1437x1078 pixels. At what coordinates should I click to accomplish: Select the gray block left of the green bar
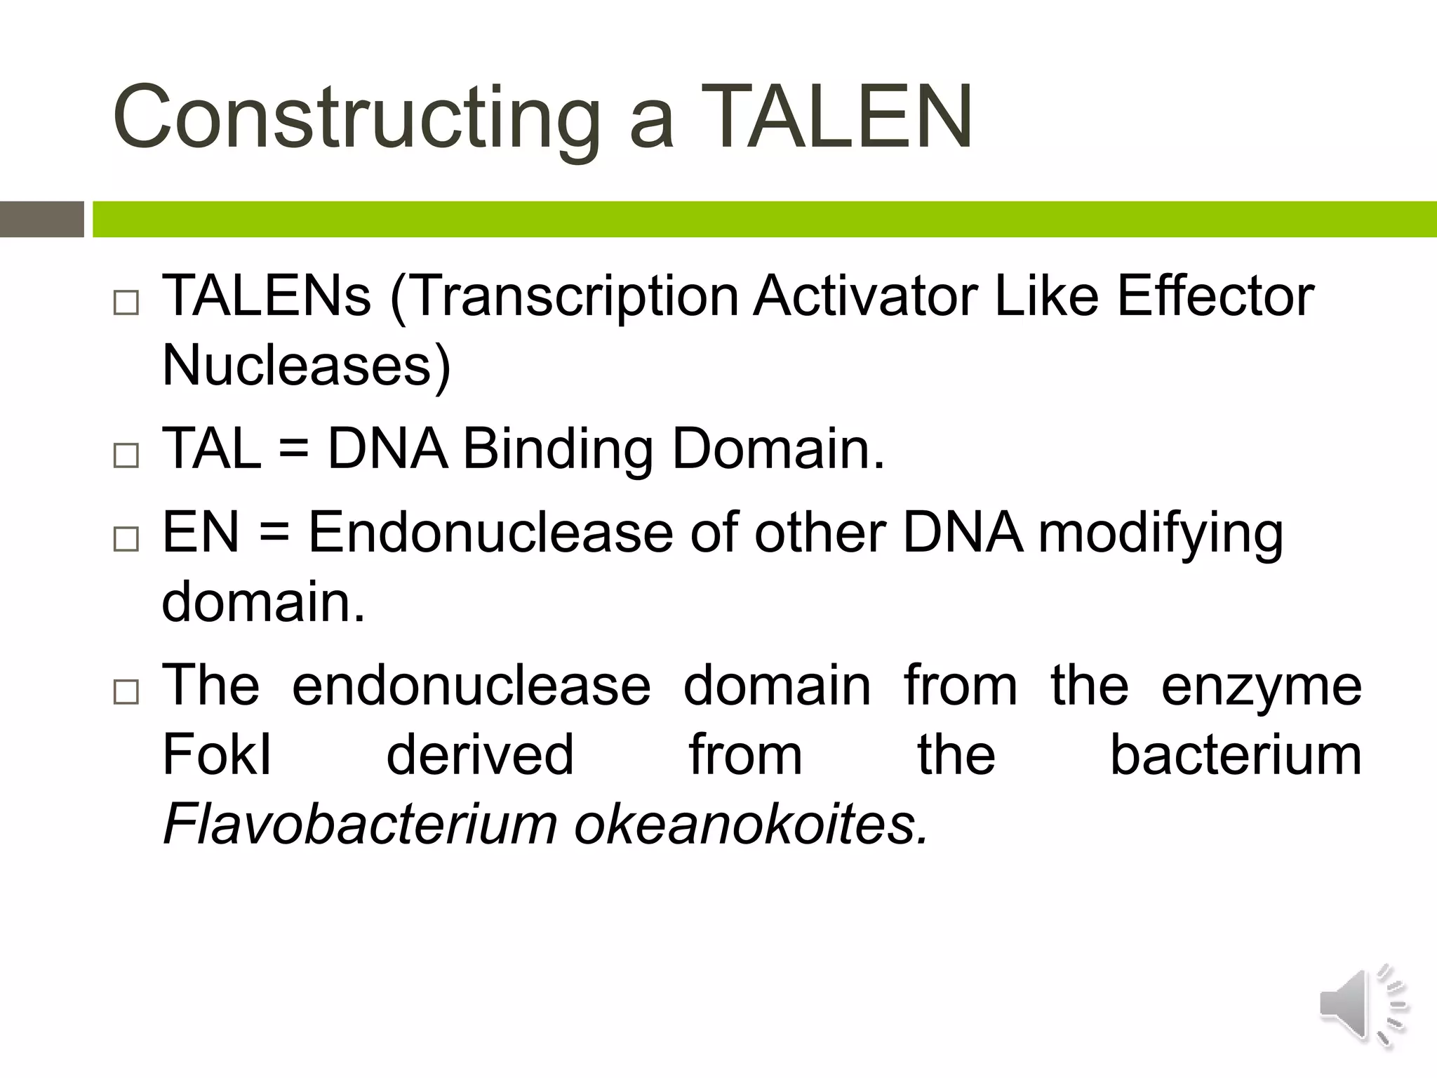[41, 219]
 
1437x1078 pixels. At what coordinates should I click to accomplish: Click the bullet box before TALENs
[126, 302]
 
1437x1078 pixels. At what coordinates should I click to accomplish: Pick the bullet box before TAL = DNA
[126, 455]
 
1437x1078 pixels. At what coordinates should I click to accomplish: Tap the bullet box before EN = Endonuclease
[126, 538]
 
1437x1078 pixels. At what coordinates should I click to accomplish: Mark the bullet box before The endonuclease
[126, 691]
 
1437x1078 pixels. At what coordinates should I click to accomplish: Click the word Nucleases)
[307, 366]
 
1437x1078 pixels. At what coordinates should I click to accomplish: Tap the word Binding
[559, 449]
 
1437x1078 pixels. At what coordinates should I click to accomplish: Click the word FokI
[217, 755]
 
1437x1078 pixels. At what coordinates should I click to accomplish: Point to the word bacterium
[1236, 755]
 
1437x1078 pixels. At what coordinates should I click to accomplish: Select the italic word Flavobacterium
[360, 825]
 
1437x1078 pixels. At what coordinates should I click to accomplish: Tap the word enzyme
[1261, 686]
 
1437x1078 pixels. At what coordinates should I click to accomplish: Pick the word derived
[480, 755]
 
